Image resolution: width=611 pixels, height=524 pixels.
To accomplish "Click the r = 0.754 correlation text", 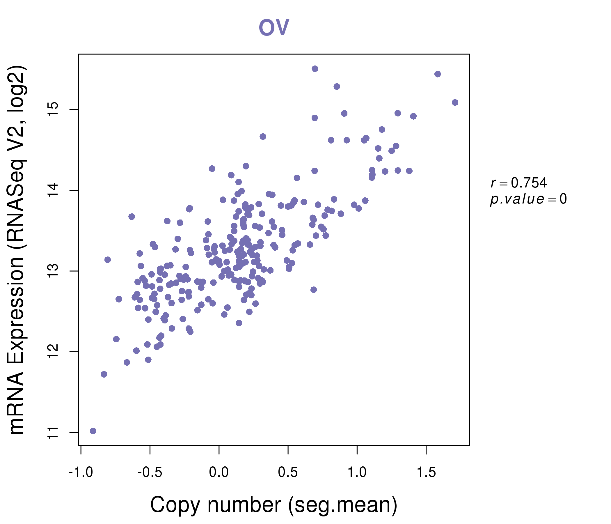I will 518,183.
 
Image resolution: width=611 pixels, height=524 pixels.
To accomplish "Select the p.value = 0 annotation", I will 528,199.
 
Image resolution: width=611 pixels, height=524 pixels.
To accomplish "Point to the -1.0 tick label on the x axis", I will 81,472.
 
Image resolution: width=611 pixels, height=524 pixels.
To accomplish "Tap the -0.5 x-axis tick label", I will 150,472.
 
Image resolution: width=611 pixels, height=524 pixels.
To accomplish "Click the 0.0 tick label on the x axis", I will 219,472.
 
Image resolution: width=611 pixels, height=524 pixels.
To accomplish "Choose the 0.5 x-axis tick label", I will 288,472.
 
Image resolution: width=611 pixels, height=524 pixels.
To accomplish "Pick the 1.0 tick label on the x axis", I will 357,472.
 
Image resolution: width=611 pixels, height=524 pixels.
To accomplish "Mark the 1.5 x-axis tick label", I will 426,472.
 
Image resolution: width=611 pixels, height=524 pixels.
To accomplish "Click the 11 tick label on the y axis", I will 54,433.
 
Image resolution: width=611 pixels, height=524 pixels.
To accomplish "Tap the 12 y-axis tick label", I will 54,352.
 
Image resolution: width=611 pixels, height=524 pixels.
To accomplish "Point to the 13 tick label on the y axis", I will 54,271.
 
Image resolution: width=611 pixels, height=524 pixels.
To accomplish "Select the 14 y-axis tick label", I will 54,190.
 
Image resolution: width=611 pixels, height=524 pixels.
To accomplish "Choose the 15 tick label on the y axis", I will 54,109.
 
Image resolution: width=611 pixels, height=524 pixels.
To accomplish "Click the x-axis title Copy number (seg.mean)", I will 274,505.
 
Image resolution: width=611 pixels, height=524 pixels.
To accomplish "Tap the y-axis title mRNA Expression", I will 17,249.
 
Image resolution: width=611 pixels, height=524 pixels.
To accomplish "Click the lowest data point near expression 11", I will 93,431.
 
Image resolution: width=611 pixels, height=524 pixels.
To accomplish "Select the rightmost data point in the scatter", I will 455,102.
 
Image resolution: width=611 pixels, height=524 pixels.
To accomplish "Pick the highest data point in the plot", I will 315,69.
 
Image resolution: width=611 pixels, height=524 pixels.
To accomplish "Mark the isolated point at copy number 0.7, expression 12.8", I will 313,290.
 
